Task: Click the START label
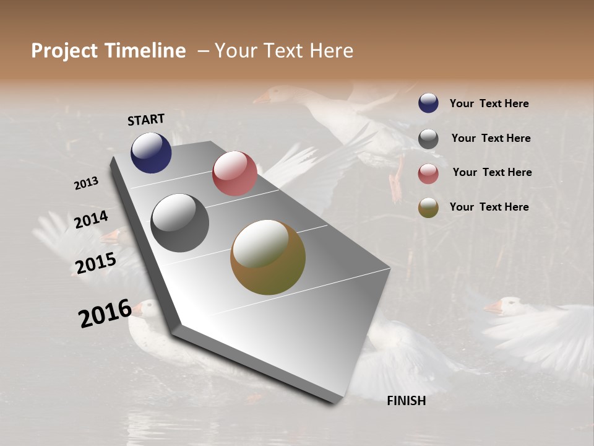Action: tap(146, 120)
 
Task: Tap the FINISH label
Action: tap(407, 401)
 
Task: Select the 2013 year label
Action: tap(87, 183)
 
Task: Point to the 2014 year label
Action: tap(92, 220)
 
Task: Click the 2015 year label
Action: tap(96, 263)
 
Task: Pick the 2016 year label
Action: tap(105, 313)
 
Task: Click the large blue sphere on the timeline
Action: tap(151, 153)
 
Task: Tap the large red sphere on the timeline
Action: tap(235, 173)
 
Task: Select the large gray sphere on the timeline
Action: tap(180, 223)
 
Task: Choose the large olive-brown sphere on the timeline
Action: tap(268, 257)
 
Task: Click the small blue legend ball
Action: tap(428, 103)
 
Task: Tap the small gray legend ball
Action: tap(428, 139)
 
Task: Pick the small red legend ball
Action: tap(428, 173)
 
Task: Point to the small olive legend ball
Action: tap(428, 208)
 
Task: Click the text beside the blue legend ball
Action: tap(489, 104)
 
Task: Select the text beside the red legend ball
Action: tap(492, 172)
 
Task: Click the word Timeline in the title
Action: tap(145, 51)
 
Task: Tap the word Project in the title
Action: tap(64, 51)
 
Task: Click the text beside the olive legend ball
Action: tap(489, 207)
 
